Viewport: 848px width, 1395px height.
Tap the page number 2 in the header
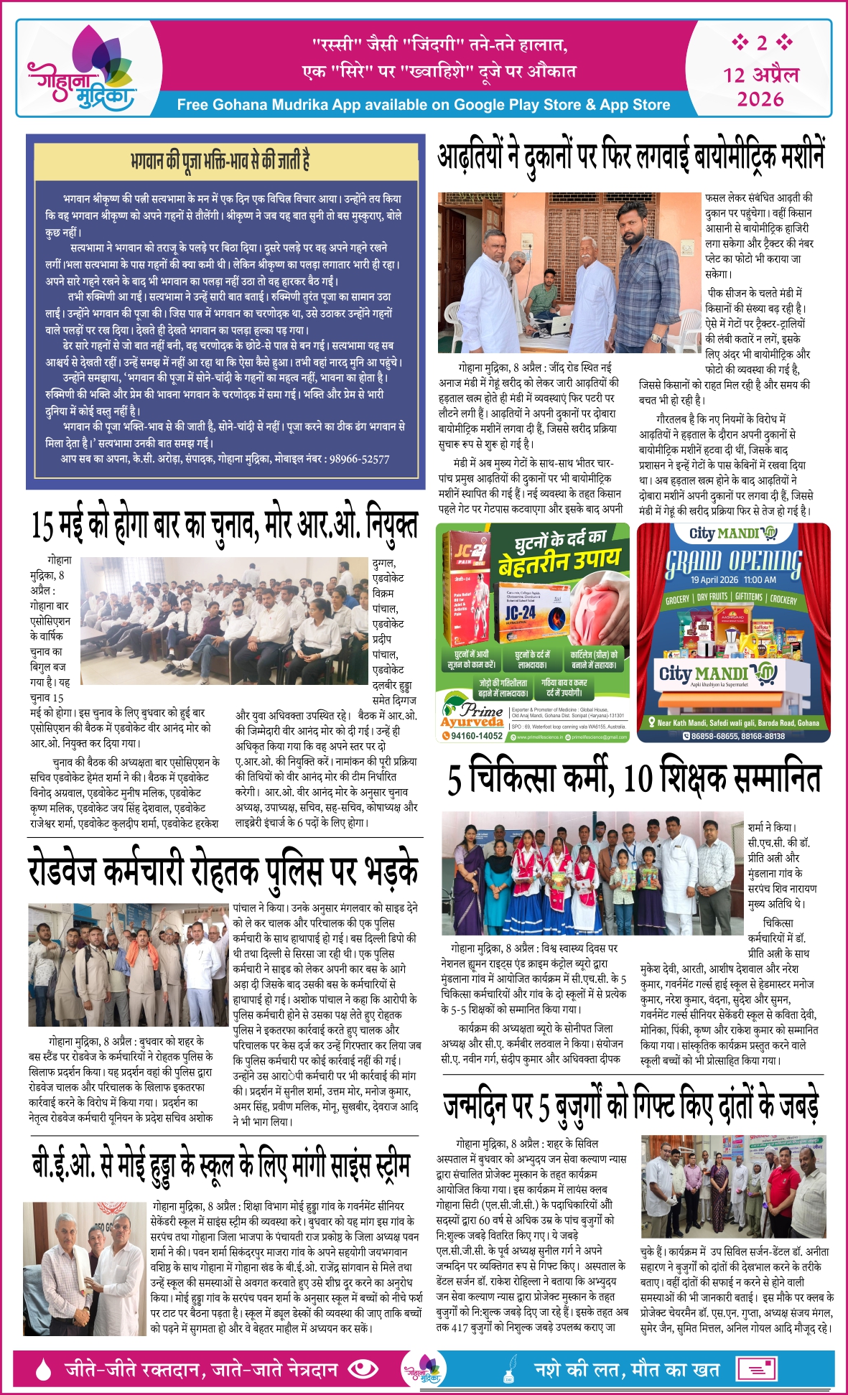coord(761,43)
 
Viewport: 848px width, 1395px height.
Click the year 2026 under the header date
coord(760,99)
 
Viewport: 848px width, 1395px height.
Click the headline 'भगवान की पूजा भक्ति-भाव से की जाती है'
coord(220,159)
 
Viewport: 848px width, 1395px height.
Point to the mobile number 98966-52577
coord(359,459)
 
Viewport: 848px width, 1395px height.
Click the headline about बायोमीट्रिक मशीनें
coord(631,154)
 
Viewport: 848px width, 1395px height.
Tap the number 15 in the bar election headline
coord(44,525)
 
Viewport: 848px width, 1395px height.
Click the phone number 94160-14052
coord(472,736)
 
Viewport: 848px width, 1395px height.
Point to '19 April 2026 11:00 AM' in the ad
coord(733,580)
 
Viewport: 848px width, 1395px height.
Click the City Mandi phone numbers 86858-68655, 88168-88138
coord(738,736)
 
